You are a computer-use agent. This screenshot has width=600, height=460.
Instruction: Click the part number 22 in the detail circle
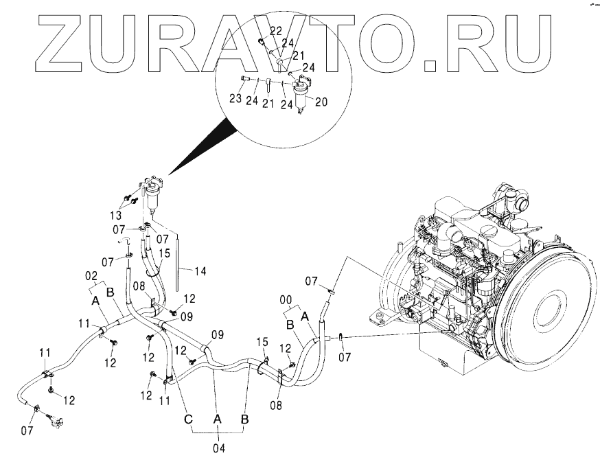coord(275,32)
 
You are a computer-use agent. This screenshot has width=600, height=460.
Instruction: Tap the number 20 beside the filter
coord(320,101)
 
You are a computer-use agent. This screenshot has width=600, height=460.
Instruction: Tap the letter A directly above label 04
coord(217,418)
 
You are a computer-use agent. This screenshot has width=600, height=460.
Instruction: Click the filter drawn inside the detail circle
coord(301,95)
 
